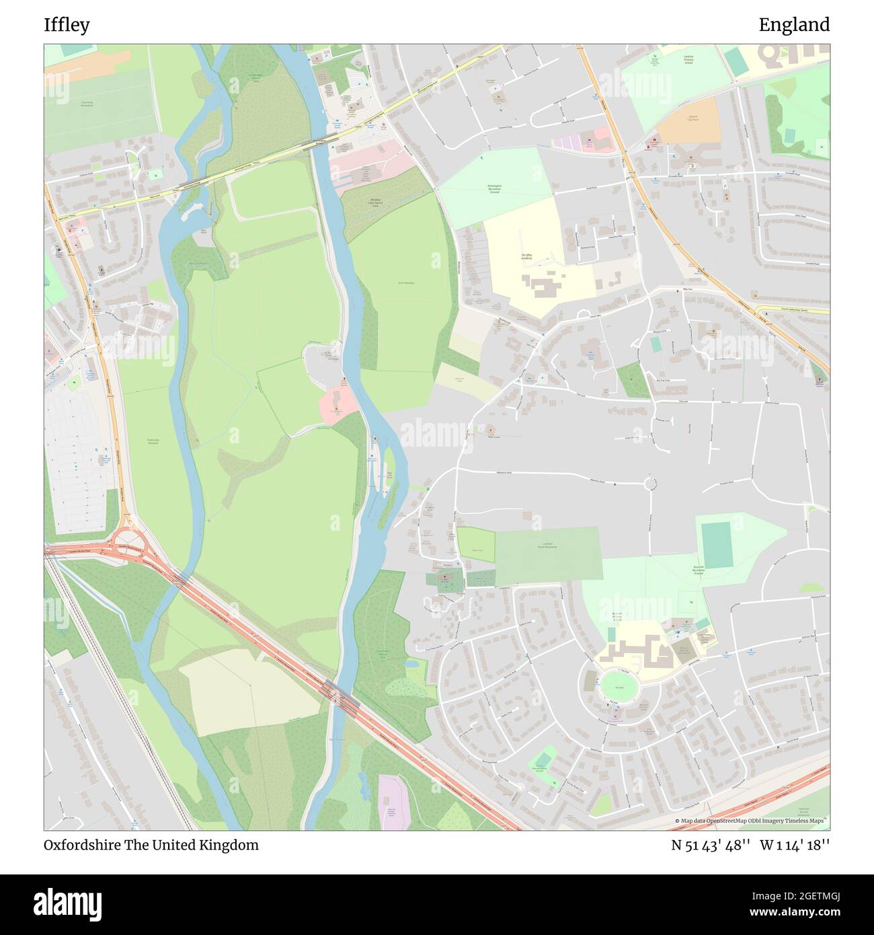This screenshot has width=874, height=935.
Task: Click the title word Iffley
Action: [x=67, y=25]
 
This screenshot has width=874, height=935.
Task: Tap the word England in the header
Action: [x=794, y=25]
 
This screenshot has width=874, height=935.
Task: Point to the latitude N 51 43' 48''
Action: [x=711, y=845]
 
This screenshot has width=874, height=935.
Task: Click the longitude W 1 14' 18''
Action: [x=795, y=845]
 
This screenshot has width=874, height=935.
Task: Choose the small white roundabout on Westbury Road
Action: [x=649, y=483]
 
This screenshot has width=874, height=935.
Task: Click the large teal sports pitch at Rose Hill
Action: [x=717, y=545]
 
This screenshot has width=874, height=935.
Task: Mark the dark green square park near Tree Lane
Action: [x=633, y=380]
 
